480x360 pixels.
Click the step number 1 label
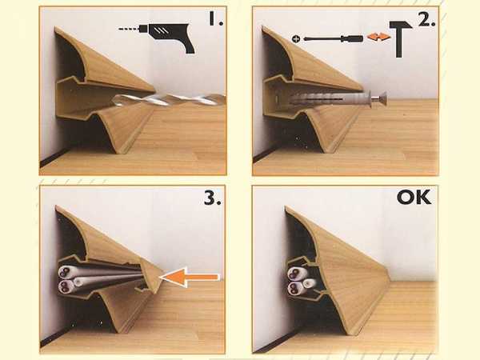pos(216,18)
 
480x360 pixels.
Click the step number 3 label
pos(212,198)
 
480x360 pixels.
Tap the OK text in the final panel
pos(414,198)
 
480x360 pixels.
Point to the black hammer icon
pos(399,39)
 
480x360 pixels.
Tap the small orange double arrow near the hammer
pos(378,37)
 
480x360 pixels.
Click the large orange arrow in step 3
pos(190,278)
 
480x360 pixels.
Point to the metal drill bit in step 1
pos(168,100)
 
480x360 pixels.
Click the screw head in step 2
pos(381,99)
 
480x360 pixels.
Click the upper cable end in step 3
pos(64,272)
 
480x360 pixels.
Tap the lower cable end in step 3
pos(64,286)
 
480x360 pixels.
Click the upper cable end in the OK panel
pos(294,273)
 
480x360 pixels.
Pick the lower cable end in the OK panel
pos(294,288)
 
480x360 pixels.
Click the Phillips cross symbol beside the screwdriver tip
pos(296,39)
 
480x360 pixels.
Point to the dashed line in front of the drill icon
pos(128,29)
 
